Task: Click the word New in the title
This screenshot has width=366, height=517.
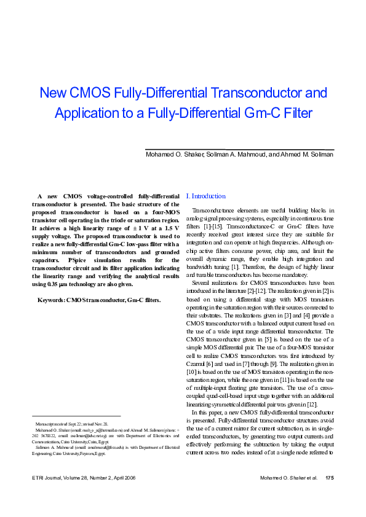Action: [52, 93]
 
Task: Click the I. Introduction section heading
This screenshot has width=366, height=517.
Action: [205, 196]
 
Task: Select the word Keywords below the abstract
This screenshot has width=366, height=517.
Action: [51, 300]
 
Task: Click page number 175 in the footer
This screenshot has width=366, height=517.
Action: [329, 495]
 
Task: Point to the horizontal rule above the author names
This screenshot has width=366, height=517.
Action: [239, 149]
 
